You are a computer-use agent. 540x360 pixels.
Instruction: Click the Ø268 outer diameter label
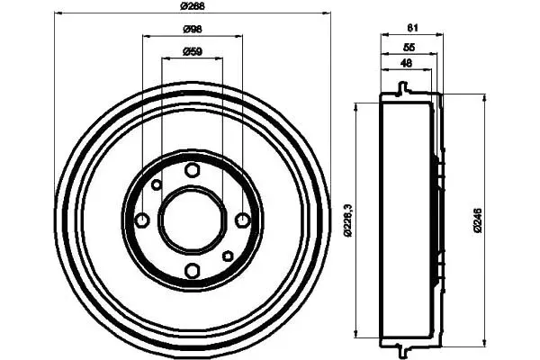(193, 6)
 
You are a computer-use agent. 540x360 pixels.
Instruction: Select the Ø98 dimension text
(193, 30)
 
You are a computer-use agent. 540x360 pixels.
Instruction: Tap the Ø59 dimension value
(193, 51)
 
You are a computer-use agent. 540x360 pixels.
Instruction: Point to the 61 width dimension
(412, 28)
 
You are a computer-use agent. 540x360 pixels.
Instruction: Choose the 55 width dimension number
(409, 47)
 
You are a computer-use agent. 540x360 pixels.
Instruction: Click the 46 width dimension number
(407, 63)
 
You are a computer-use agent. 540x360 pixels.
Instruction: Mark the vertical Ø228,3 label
(347, 220)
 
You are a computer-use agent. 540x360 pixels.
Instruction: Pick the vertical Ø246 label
(478, 220)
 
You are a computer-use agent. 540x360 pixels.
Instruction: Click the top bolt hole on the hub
(193, 170)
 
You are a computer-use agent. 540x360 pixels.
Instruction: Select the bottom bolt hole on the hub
(193, 270)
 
